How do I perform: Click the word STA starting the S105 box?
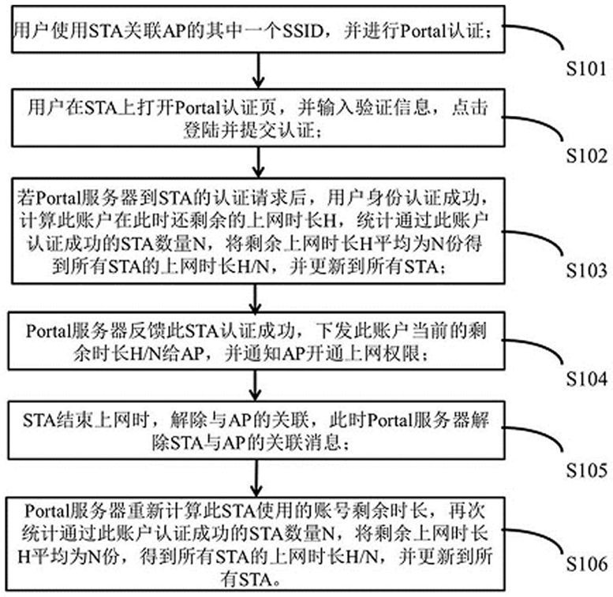point(39,419)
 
